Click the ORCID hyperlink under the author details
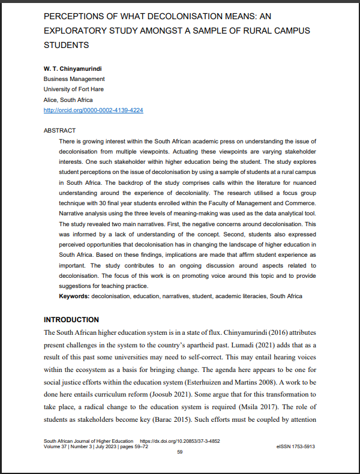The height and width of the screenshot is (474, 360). (94, 110)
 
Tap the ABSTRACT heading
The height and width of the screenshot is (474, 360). (60, 130)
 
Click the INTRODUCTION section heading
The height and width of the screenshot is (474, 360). (71, 319)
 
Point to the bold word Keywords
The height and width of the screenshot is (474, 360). (74, 296)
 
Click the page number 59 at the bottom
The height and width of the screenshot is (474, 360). (179, 452)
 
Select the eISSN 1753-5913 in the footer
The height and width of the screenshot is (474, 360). (296, 446)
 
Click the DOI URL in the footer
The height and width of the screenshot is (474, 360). (179, 441)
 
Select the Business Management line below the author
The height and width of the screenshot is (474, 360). (74, 79)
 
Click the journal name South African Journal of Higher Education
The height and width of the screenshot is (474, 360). (89, 441)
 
